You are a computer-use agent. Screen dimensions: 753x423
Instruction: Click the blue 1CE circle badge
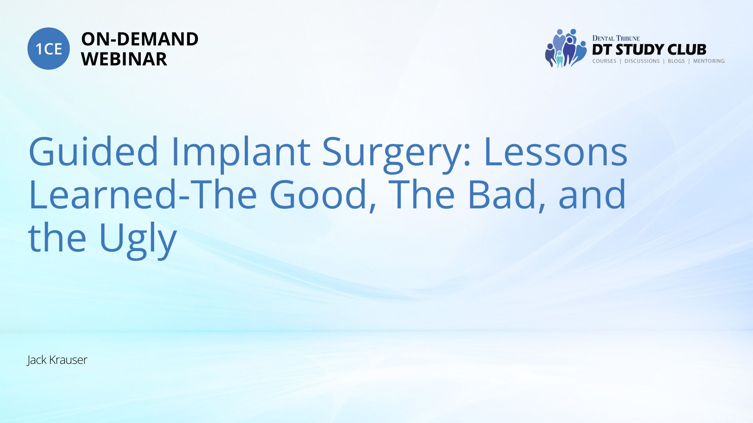point(49,49)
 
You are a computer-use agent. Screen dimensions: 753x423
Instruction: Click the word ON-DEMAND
point(140,39)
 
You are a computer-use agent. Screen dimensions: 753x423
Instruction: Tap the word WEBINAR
point(124,59)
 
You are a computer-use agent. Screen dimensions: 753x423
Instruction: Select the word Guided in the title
point(93,151)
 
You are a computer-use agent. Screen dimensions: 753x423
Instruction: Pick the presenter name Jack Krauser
point(57,360)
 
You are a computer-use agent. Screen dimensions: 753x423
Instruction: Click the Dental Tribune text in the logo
point(616,38)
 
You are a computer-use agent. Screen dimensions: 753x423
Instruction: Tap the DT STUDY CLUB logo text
point(649,49)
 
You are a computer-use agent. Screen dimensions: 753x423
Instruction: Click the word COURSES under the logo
point(604,61)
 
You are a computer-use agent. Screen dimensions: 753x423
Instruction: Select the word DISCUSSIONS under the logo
point(642,61)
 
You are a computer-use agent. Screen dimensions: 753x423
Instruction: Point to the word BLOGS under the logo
point(676,61)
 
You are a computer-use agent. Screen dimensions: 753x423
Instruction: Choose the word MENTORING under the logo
point(709,61)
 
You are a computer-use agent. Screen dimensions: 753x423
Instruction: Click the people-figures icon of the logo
point(566,48)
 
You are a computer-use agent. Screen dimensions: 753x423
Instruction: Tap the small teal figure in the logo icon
point(560,59)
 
